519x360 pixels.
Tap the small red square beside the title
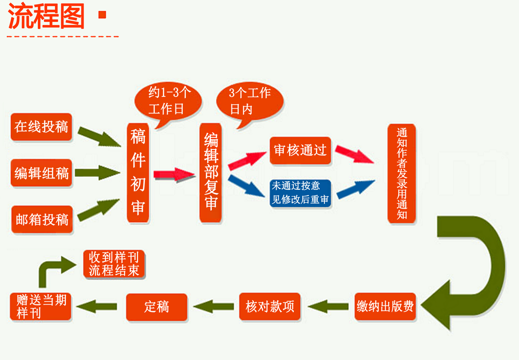[102, 15]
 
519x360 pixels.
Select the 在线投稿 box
[41, 127]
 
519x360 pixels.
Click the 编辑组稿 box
[41, 173]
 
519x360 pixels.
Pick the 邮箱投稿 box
[41, 219]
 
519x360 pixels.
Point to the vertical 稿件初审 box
[138, 173]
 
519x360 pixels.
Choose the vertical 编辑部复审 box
[211, 173]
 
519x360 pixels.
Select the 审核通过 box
[300, 150]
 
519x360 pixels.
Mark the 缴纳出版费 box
[385, 306]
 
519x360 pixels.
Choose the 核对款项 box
[269, 306]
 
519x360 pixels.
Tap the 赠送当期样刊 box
[41, 306]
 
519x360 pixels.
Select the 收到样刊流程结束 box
[114, 264]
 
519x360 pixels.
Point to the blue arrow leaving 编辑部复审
[247, 187]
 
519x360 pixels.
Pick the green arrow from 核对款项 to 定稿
[214, 307]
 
